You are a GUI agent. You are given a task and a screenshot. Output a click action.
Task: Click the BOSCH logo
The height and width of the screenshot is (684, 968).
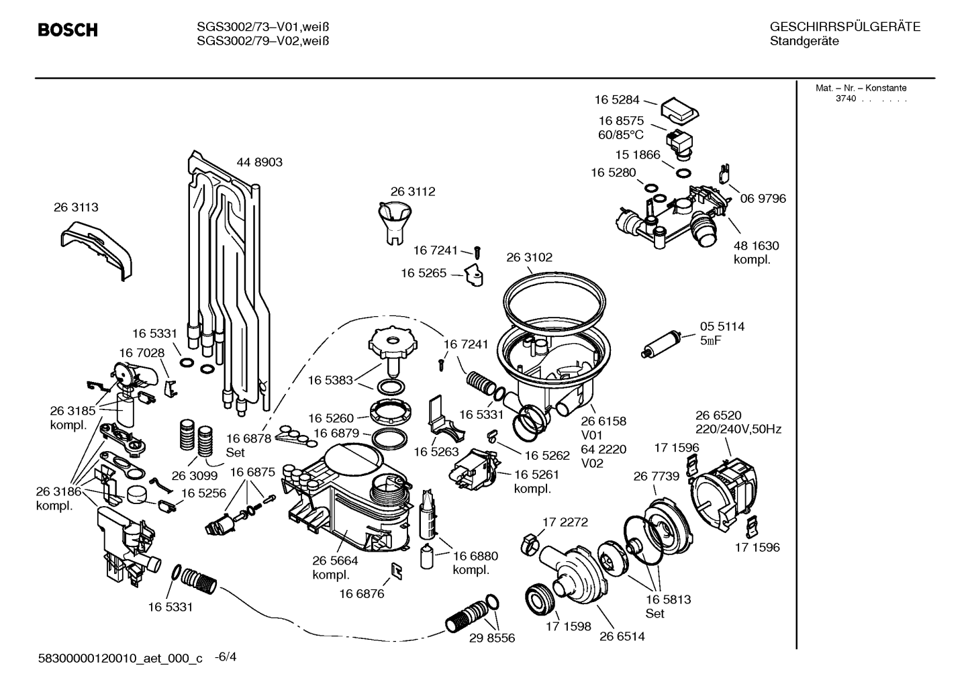coord(68,30)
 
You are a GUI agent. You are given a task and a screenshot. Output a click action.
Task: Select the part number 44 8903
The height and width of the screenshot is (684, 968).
coord(259,162)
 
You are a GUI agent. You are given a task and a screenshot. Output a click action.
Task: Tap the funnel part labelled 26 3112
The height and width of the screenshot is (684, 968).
coord(395,223)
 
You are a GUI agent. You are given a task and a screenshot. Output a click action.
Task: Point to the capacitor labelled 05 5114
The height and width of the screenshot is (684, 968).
coord(661,344)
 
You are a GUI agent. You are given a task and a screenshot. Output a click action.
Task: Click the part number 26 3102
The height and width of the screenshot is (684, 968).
coord(530,258)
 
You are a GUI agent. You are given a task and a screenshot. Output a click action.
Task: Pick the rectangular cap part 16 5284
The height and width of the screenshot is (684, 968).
coord(680,111)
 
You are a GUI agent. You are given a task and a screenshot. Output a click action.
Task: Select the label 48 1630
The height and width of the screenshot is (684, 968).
coord(757,246)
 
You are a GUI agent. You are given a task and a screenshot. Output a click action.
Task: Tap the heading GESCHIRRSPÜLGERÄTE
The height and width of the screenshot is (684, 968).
coord(845,27)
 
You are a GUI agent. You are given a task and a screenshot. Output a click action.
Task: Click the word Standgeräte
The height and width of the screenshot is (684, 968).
coord(804,41)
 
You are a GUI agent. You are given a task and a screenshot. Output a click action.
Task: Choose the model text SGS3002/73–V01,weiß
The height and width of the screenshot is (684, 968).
coord(262,27)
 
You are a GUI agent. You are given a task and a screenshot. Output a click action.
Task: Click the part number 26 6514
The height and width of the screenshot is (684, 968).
coord(622,636)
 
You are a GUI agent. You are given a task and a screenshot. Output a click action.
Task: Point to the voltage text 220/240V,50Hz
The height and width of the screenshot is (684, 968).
coord(738,429)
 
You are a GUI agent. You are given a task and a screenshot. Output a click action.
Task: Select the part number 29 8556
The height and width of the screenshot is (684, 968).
coord(492,638)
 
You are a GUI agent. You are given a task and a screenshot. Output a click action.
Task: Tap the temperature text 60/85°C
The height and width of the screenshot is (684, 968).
coord(621,135)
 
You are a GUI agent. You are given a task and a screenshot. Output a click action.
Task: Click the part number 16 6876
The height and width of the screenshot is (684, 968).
coord(362,593)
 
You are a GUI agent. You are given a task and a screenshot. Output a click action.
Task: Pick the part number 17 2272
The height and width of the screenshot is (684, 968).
coord(565,522)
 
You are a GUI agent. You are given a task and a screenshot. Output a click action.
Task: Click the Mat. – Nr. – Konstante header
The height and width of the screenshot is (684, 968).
coord(861,88)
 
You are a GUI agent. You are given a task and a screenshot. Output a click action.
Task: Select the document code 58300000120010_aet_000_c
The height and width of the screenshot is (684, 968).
coord(120,658)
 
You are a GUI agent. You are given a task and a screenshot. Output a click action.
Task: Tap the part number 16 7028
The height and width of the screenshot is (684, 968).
coord(142,353)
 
